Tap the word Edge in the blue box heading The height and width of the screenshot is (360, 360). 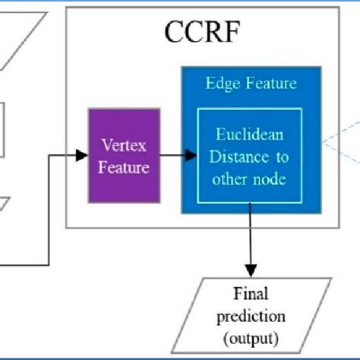[x=219, y=84]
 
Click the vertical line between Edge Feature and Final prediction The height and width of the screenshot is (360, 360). [x=250, y=243]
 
